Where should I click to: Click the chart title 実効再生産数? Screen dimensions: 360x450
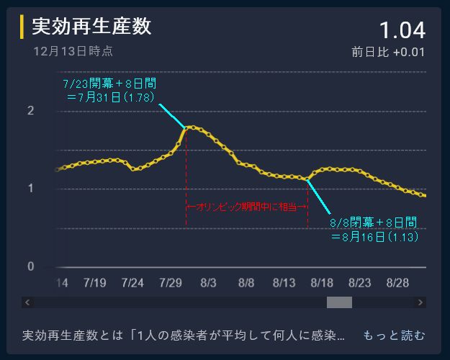[x=92, y=27]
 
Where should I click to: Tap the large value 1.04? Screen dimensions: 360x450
[x=402, y=30]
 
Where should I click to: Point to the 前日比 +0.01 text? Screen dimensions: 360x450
[x=389, y=53]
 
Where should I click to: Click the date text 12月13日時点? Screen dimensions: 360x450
[x=73, y=51]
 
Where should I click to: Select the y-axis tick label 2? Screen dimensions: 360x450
[x=30, y=111]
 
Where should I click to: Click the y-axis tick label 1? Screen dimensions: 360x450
[x=30, y=189]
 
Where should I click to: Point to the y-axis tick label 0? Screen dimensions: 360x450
[x=30, y=266]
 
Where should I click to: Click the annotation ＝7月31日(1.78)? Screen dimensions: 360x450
[x=110, y=96]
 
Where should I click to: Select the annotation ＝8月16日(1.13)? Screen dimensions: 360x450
[x=375, y=235]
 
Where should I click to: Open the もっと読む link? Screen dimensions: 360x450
[x=394, y=336]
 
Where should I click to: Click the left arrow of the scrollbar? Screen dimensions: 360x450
[x=27, y=302]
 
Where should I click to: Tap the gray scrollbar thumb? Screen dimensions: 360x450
[x=339, y=302]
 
